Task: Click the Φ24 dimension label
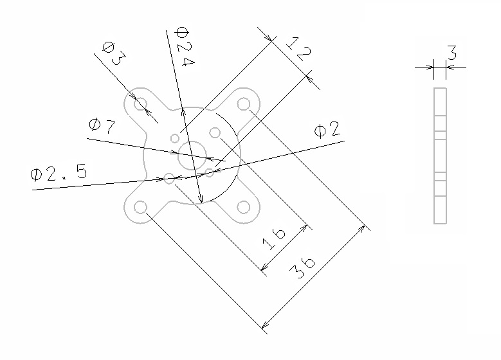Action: [185, 47]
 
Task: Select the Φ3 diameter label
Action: [114, 53]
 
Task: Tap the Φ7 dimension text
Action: [102, 125]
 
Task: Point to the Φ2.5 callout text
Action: [59, 174]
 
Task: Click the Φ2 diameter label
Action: [327, 130]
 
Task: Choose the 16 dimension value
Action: [274, 239]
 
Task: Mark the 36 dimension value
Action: [302, 267]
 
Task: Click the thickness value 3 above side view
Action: [451, 53]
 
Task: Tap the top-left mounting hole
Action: [141, 104]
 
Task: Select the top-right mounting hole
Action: [244, 104]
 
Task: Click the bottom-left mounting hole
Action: [140, 207]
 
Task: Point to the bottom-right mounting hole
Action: [244, 207]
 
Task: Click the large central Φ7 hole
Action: [192, 156]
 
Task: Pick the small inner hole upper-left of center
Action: [175, 138]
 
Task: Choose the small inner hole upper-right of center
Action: [215, 132]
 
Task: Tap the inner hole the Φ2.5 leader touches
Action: [169, 179]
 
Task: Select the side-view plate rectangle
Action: [440, 156]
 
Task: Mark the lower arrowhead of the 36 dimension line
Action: [264, 325]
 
